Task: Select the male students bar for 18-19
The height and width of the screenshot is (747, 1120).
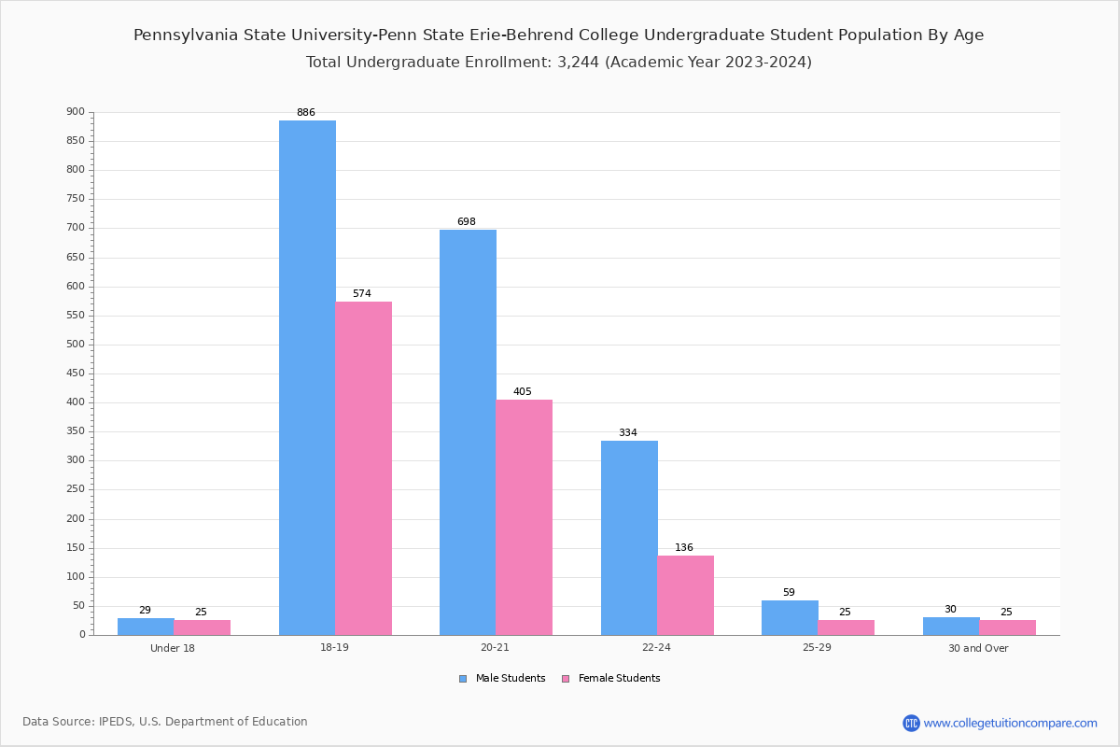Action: (307, 378)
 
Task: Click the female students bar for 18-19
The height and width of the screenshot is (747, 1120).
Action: (363, 469)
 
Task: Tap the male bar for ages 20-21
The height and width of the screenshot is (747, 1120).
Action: (468, 432)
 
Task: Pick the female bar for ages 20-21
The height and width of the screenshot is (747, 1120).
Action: (524, 517)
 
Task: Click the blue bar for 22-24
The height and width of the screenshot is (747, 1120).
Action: (629, 538)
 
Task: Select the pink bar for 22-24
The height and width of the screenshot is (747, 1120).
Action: (685, 596)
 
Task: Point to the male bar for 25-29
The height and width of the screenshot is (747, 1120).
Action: (790, 618)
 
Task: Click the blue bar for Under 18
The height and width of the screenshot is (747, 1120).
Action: (146, 627)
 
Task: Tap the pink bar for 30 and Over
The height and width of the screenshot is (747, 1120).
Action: (1007, 627)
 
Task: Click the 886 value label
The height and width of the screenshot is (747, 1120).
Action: (306, 112)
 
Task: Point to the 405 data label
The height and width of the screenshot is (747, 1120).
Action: (523, 391)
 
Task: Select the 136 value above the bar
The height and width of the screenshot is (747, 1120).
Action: (684, 547)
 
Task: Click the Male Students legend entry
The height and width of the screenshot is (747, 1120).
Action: (502, 678)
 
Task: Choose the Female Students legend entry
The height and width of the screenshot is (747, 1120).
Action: (611, 678)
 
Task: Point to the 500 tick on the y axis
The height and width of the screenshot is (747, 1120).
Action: (76, 345)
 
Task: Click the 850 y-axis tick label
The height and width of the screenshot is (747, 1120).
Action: (76, 141)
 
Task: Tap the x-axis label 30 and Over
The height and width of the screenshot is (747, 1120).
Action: (978, 648)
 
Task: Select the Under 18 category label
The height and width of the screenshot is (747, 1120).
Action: (173, 648)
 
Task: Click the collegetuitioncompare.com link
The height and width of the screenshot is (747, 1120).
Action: (1001, 723)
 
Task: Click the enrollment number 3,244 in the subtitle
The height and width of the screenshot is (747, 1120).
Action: (578, 62)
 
